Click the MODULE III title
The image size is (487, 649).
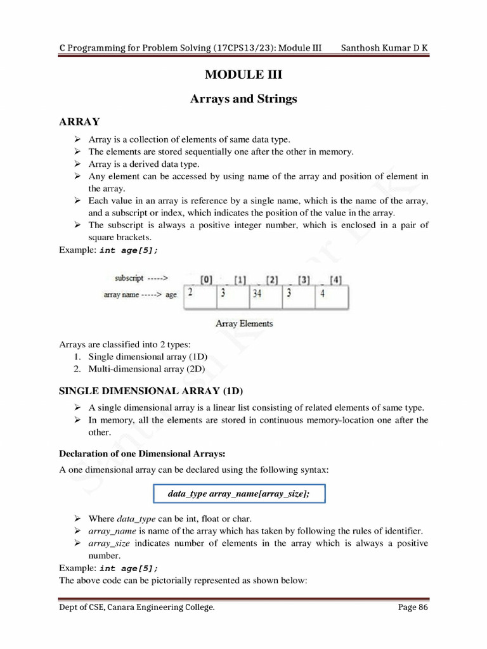click(x=243, y=75)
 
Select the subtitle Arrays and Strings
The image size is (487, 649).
click(x=243, y=99)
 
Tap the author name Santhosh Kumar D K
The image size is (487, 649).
click(x=384, y=49)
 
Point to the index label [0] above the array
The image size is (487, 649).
click(x=207, y=280)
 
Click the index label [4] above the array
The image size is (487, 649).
click(x=336, y=280)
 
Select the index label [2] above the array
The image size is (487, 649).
click(x=272, y=280)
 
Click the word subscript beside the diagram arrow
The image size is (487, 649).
click(x=129, y=278)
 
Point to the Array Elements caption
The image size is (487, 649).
click(x=244, y=323)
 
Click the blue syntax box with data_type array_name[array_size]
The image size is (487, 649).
click(x=239, y=494)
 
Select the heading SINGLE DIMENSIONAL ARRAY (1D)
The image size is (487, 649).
click(x=151, y=390)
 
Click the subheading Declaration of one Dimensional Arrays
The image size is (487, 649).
click(x=142, y=453)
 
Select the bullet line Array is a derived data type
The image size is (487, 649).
click(x=144, y=164)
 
